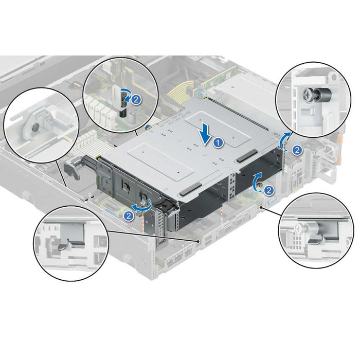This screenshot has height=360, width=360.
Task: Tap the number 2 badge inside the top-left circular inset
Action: click(x=136, y=100)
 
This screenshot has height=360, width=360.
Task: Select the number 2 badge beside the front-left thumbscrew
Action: click(x=129, y=216)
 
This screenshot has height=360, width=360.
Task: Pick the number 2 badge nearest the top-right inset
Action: click(x=297, y=150)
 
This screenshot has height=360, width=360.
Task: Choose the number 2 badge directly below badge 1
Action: click(x=268, y=190)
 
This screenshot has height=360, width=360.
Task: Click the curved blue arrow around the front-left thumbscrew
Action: click(x=142, y=206)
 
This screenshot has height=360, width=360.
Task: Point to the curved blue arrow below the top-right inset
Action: click(x=285, y=141)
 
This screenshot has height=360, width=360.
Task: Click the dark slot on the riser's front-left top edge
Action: click(x=190, y=189)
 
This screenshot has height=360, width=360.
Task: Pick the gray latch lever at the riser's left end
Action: click(x=73, y=167)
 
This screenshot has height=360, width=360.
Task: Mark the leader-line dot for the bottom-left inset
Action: click(x=197, y=241)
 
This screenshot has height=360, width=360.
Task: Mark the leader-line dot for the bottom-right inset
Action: click(x=261, y=207)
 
